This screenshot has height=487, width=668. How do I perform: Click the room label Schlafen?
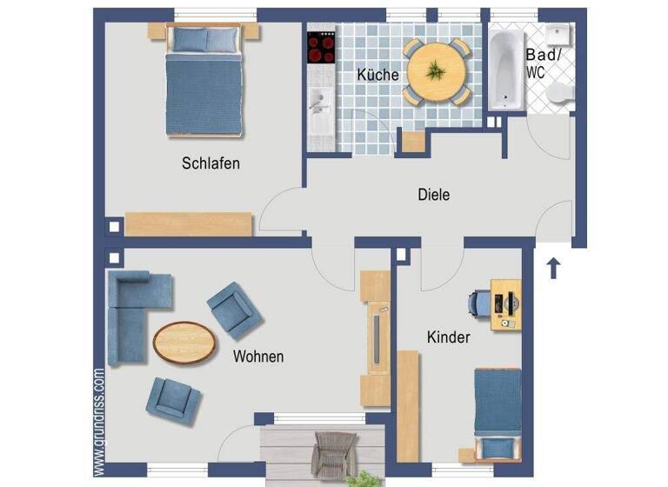[x=210, y=163]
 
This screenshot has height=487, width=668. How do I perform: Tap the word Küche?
[x=377, y=75]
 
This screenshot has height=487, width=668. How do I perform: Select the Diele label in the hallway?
[x=433, y=195]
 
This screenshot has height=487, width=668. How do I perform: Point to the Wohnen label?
[x=258, y=357]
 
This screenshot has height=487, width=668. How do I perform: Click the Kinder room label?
[x=448, y=337]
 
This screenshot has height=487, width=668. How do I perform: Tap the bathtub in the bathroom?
[x=504, y=69]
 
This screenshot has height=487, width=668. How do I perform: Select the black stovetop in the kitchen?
[x=321, y=47]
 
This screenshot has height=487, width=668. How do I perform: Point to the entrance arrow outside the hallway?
[x=552, y=267]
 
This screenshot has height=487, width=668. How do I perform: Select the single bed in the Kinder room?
[x=498, y=410]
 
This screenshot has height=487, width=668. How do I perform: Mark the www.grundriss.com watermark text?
[x=99, y=422]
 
